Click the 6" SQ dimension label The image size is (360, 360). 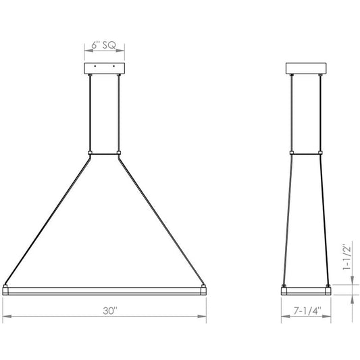tap(104, 45)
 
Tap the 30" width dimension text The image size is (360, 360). tap(110, 311)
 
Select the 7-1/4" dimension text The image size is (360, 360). tap(307, 311)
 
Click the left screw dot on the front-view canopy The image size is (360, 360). tap(95, 66)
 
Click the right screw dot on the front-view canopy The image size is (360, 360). tap(113, 66)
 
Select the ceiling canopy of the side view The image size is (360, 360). tap(306, 68)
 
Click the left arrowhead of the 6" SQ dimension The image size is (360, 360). tap(88, 50)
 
